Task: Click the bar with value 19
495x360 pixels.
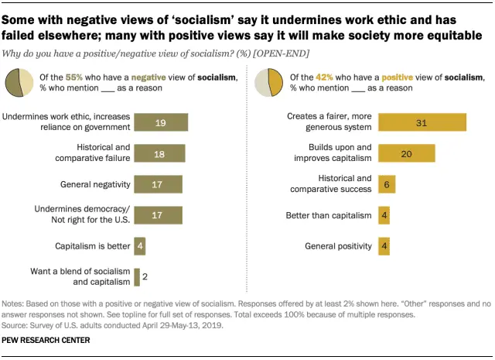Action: pyautogui.click(x=161, y=122)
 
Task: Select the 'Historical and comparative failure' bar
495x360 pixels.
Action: pyautogui.click(x=159, y=153)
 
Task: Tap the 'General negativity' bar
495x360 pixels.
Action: pyautogui.click(x=158, y=184)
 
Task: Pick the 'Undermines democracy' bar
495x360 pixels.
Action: pyautogui.click(x=158, y=215)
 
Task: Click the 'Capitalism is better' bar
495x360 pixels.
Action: pyautogui.click(x=139, y=246)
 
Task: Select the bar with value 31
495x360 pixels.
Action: pyautogui.click(x=422, y=122)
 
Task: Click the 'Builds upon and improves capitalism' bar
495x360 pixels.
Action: pyautogui.click(x=406, y=153)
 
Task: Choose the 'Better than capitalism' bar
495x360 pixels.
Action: pyautogui.click(x=384, y=215)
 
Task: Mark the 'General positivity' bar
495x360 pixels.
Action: pyautogui.click(x=384, y=246)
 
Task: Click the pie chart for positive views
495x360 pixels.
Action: pyautogui.click(x=268, y=81)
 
